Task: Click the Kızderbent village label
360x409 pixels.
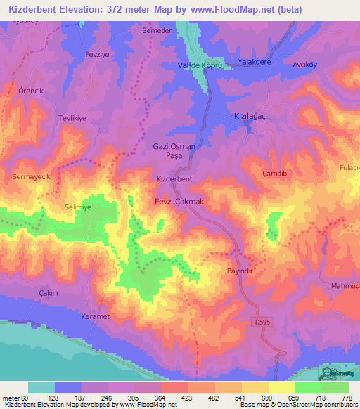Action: point(174,179)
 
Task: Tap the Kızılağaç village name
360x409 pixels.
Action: point(252,115)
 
